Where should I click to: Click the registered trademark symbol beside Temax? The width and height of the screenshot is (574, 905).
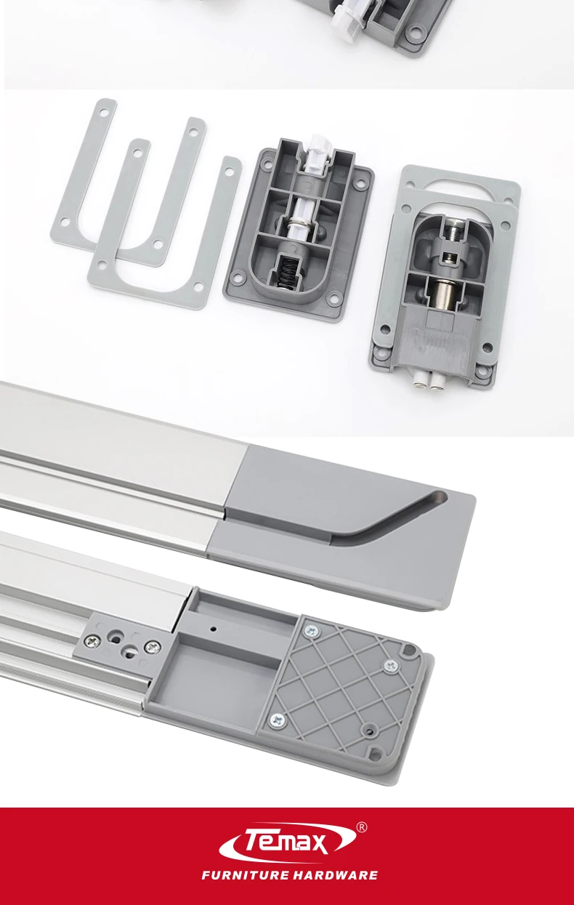362,827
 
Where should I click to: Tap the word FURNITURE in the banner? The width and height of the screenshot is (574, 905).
246,875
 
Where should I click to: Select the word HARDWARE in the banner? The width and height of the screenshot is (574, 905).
335,875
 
